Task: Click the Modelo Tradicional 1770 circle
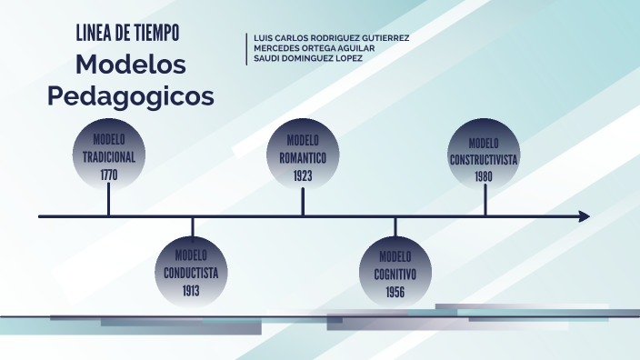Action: [x=109, y=155]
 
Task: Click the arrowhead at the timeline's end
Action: [x=584, y=216]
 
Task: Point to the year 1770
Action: [x=109, y=175]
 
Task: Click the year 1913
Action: [x=191, y=291]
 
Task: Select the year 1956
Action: [x=395, y=292]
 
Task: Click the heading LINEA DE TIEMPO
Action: [x=128, y=34]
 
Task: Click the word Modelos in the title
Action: [x=131, y=65]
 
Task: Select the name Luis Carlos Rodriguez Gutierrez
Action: [x=331, y=38]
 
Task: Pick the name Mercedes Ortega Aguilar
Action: [x=313, y=48]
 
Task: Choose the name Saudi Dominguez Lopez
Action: [x=308, y=58]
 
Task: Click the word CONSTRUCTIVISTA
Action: [x=484, y=159]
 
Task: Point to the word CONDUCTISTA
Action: [x=191, y=273]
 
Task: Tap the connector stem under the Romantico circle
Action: [x=303, y=202]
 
